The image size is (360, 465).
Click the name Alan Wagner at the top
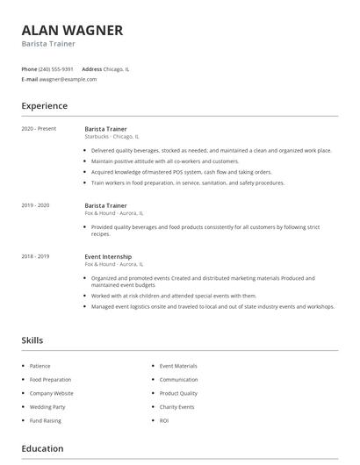[x=72, y=31]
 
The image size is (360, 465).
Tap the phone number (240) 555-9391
[x=57, y=68]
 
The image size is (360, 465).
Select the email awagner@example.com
[x=68, y=79]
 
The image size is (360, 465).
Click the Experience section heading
[x=45, y=106]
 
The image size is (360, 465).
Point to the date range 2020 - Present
[x=39, y=129]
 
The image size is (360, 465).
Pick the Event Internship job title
[x=108, y=256]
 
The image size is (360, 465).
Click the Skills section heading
[x=32, y=340]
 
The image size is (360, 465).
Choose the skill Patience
[x=40, y=366]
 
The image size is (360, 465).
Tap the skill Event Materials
[x=178, y=366]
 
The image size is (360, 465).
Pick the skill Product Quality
[x=178, y=394]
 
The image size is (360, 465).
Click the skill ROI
[x=164, y=422]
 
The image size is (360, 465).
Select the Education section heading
[x=42, y=449]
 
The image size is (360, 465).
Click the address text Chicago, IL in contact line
[x=117, y=68]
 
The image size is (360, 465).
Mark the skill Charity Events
[x=177, y=408]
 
